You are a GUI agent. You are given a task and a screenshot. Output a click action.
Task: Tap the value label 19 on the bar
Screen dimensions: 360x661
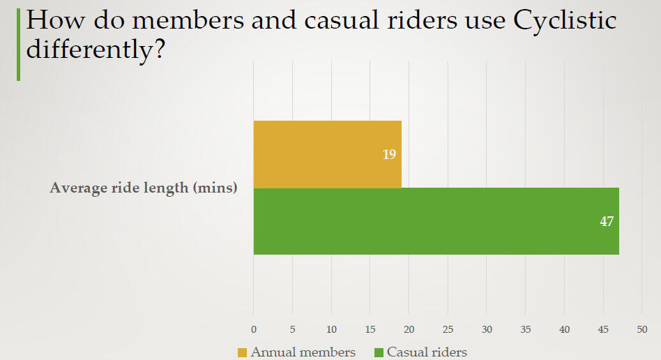(389, 154)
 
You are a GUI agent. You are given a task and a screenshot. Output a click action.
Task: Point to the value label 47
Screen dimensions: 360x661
(607, 221)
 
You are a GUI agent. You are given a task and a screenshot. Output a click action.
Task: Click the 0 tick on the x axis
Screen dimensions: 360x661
(254, 329)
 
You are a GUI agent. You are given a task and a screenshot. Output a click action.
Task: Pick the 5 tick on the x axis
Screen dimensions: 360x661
(292, 329)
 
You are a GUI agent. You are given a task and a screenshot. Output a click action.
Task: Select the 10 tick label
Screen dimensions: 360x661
(331, 329)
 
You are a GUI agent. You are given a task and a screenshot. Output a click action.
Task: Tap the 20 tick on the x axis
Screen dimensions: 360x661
(409, 329)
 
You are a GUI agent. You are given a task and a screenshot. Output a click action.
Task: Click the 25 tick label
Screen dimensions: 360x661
(448, 329)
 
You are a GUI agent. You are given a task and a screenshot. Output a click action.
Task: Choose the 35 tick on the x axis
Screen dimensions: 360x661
(526, 329)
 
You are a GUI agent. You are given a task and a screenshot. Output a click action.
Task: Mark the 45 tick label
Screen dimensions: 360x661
(604, 329)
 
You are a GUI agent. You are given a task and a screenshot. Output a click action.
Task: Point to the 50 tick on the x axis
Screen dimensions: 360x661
(642, 329)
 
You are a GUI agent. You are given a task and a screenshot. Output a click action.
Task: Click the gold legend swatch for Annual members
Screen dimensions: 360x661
(243, 352)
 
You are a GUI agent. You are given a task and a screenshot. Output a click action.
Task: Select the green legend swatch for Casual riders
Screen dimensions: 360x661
(379, 352)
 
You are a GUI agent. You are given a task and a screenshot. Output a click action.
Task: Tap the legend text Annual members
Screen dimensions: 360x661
(303, 352)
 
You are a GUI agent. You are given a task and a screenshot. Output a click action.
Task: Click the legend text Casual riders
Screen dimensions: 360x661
(427, 352)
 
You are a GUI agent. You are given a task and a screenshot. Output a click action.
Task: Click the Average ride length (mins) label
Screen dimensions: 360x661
(144, 188)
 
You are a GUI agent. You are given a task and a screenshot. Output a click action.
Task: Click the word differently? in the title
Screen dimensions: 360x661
(95, 50)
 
